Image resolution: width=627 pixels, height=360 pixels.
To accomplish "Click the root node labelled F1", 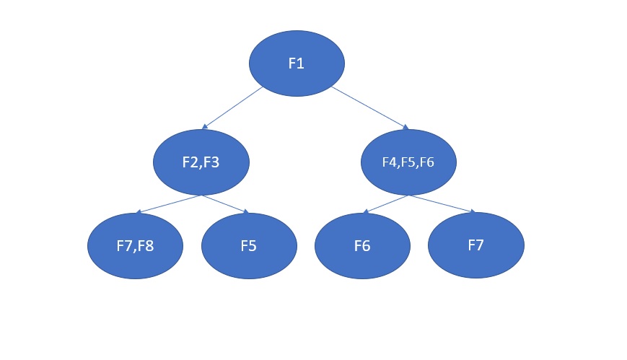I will pyautogui.click(x=297, y=63).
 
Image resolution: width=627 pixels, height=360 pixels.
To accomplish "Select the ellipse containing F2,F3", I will pyautogui.click(x=201, y=162).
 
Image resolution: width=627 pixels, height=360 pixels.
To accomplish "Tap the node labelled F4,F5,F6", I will pyautogui.click(x=408, y=162).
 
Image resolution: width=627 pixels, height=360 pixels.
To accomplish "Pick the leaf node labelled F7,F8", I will pyautogui.click(x=135, y=245).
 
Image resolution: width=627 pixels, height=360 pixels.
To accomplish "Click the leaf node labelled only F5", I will pyautogui.click(x=249, y=245).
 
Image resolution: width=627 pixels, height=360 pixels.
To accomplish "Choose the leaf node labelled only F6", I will pyautogui.click(x=362, y=245).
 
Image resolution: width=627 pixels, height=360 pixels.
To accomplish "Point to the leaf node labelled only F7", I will pyautogui.click(x=475, y=245).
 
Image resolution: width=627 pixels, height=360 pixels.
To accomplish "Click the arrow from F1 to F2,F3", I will pyautogui.click(x=232, y=108).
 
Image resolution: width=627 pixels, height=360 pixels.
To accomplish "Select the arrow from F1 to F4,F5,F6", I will pyautogui.click(x=369, y=108).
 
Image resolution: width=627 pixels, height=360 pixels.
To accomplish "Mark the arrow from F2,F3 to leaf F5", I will pyautogui.click(x=225, y=204).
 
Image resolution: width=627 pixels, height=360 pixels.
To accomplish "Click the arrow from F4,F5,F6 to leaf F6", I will pyautogui.click(x=385, y=204).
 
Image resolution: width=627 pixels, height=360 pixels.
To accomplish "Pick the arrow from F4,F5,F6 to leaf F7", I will pyautogui.click(x=442, y=204).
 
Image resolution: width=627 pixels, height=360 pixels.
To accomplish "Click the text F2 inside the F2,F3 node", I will pyautogui.click(x=191, y=162).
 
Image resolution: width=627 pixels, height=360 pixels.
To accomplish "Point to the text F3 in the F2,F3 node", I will pyautogui.click(x=211, y=162).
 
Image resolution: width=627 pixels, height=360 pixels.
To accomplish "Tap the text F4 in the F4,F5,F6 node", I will pyautogui.click(x=390, y=162).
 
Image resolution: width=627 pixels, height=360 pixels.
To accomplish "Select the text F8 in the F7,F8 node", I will pyautogui.click(x=146, y=245).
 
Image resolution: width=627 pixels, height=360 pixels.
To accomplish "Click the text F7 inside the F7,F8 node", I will pyautogui.click(x=124, y=245).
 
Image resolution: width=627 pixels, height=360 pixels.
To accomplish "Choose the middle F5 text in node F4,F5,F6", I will pyautogui.click(x=408, y=162).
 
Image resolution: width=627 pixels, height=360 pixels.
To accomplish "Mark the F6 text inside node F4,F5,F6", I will pyautogui.click(x=426, y=162).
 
